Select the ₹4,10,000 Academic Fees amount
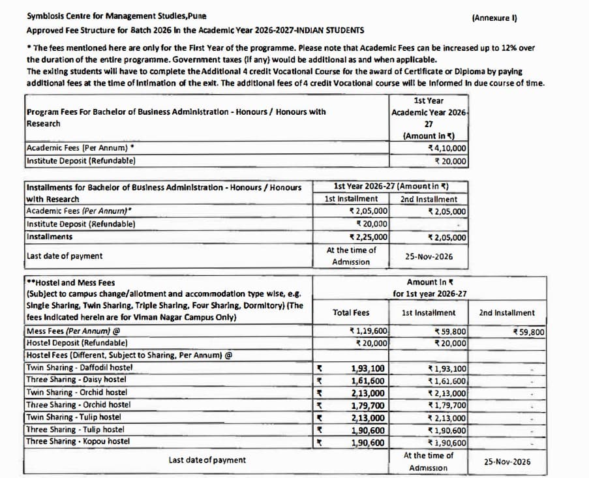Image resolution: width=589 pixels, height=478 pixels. pyautogui.click(x=446, y=148)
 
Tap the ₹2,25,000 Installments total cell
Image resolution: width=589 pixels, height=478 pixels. pyautogui.click(x=369, y=237)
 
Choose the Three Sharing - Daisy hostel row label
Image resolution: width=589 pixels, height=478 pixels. pyautogui.click(x=76, y=380)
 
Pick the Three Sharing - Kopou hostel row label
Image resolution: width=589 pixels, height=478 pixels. pyautogui.click(x=78, y=442)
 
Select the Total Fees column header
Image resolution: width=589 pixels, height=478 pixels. pyautogui.click(x=350, y=313)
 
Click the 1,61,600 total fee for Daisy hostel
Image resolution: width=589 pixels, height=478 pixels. pyautogui.click(x=367, y=381)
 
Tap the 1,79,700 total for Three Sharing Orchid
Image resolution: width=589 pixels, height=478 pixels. pyautogui.click(x=367, y=406)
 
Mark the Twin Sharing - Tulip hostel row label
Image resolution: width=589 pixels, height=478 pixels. pyautogui.click(x=73, y=417)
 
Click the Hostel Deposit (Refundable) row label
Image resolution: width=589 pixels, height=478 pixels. pyautogui.click(x=76, y=343)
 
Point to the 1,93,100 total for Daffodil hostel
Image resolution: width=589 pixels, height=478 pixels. pyautogui.click(x=367, y=368)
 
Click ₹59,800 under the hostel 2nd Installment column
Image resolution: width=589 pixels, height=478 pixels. pyautogui.click(x=529, y=332)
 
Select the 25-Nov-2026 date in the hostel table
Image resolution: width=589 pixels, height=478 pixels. pyautogui.click(x=507, y=462)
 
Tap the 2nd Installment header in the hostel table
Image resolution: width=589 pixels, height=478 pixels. pyautogui.click(x=506, y=313)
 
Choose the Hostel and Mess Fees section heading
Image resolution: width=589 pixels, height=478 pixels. pyautogui.click(x=70, y=282)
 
